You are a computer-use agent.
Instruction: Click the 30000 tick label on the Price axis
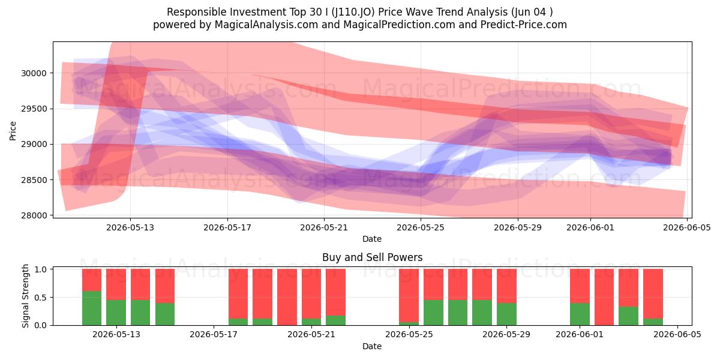tap(34, 73)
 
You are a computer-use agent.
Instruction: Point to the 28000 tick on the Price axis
tap(34, 215)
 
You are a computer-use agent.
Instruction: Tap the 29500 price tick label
tap(34, 109)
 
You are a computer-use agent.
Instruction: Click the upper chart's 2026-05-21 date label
tap(323, 227)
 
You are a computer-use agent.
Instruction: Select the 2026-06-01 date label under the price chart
tap(590, 227)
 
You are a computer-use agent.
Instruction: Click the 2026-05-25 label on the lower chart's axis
tap(409, 334)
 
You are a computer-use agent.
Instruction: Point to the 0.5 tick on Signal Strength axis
tap(41, 298)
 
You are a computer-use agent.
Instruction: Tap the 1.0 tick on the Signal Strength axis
tap(41, 269)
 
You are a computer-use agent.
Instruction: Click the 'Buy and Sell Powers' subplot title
tap(372, 257)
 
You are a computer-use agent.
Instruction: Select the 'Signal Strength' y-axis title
tap(25, 296)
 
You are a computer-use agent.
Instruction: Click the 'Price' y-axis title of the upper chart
tap(13, 131)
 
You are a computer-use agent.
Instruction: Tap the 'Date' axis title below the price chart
tap(372, 239)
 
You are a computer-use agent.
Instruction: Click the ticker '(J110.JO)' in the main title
tap(353, 12)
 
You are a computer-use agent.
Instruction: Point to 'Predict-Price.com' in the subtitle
tap(524, 25)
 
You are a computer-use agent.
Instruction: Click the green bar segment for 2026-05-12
tap(92, 308)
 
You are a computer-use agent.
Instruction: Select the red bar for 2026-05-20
tap(287, 297)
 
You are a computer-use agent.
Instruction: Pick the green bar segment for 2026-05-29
tap(506, 314)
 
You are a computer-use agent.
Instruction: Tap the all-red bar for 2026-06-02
tap(604, 297)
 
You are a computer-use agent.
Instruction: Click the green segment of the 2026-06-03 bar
tap(628, 316)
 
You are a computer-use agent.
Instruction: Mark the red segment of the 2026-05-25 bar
tap(409, 295)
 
